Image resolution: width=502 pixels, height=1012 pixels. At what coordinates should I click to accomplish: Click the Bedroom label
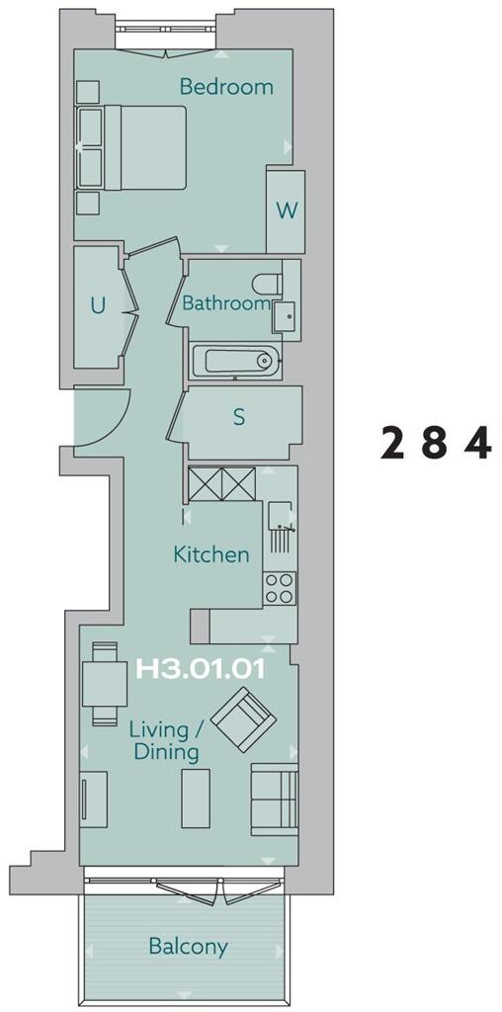click(x=226, y=87)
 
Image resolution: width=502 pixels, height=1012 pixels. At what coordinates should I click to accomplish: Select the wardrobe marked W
click(x=286, y=211)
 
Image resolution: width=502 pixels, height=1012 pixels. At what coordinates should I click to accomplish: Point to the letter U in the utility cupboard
click(x=98, y=305)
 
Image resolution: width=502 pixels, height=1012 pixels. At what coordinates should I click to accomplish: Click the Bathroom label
click(x=225, y=303)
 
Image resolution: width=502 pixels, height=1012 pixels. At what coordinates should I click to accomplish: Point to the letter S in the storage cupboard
click(x=238, y=417)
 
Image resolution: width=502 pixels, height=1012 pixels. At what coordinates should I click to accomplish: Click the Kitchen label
click(x=211, y=554)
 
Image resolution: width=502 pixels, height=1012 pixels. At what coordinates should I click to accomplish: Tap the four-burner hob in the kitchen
click(x=280, y=589)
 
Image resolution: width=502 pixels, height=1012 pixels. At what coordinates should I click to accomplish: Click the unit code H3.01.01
click(x=199, y=669)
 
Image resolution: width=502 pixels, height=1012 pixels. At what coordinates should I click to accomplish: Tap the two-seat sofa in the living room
click(x=275, y=797)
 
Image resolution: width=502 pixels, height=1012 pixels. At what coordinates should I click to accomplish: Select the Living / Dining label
click(x=164, y=741)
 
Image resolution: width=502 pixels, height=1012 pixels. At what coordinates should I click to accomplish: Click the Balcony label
click(x=188, y=947)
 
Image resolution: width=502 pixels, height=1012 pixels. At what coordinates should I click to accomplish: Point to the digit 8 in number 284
click(x=434, y=444)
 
